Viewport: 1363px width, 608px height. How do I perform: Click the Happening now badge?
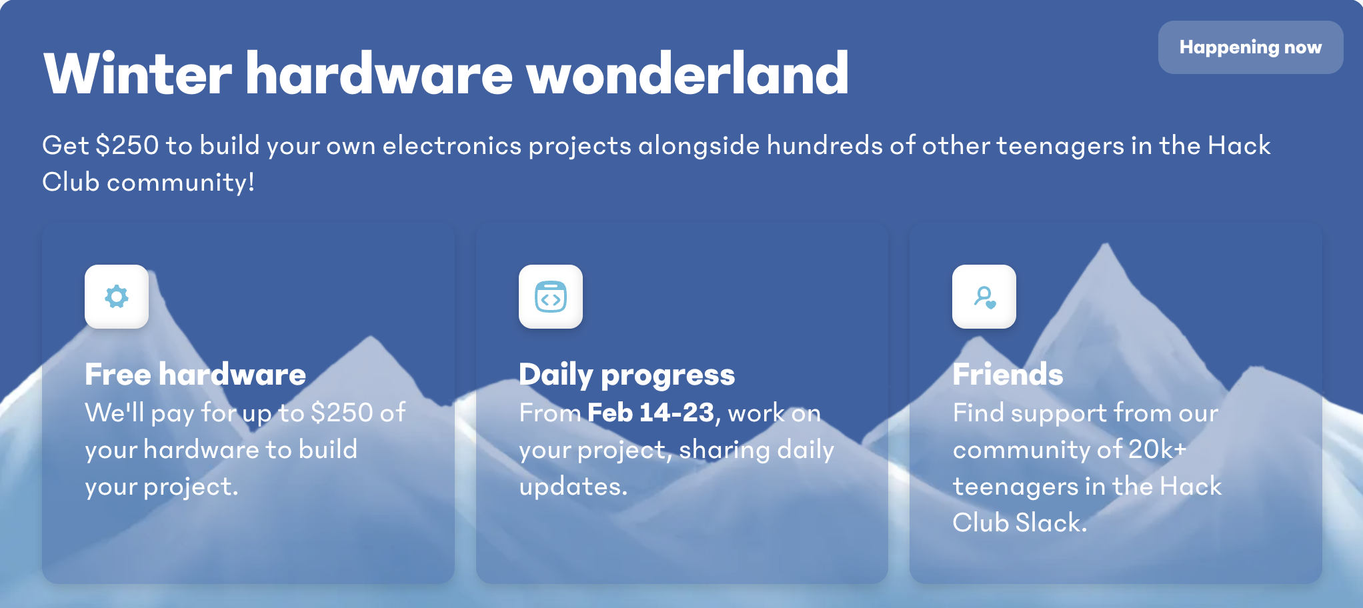tap(1250, 47)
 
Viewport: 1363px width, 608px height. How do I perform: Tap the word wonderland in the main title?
tap(688, 73)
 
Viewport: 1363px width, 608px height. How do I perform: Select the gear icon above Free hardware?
tap(117, 297)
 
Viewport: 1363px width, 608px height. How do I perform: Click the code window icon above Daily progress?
tap(551, 297)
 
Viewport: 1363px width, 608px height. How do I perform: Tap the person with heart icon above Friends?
tap(985, 297)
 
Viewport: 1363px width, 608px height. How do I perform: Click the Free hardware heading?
tap(195, 375)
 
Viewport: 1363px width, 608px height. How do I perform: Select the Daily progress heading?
tap(627, 375)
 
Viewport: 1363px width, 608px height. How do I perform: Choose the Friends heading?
tap(1008, 375)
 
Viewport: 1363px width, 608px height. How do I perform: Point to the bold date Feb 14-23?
tap(651, 413)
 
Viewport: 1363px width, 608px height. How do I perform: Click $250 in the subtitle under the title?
tap(127, 145)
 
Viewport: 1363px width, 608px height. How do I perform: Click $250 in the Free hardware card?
tap(342, 413)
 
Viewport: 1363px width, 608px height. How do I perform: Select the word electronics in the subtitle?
tap(451, 145)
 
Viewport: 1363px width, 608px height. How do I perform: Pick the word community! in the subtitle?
tap(181, 183)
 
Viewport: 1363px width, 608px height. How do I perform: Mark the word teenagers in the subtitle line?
tap(1060, 145)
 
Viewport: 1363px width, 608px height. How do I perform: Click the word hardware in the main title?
tap(379, 73)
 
